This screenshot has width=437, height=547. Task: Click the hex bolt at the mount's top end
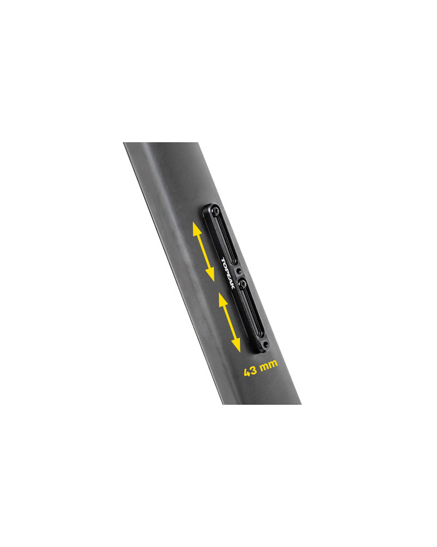point(216,211)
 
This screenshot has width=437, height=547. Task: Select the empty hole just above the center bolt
point(238,271)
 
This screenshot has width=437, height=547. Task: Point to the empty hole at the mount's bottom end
point(265,345)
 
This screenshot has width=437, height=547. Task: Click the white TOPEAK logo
point(228,273)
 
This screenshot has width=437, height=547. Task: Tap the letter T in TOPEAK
point(223,260)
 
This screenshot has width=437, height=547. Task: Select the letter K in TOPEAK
point(233,287)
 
